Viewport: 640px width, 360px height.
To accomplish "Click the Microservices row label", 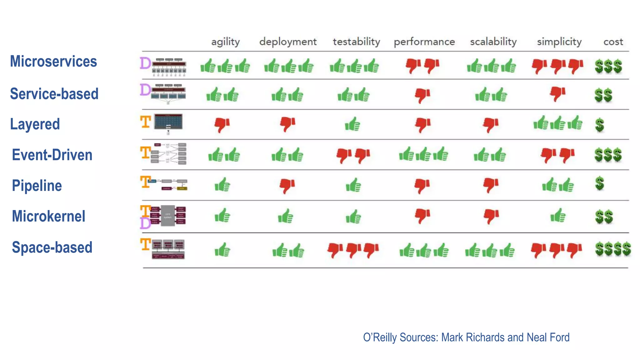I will point(53,61).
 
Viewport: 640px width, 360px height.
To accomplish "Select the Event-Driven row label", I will point(52,155).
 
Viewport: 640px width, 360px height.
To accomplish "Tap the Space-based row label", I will point(52,247).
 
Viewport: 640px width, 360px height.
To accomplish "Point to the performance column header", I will point(424,42).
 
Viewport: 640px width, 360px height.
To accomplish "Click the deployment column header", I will point(288,42).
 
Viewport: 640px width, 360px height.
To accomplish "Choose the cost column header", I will point(613,42).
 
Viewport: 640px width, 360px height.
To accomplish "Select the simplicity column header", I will point(559,42).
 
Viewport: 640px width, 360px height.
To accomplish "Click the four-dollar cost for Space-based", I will point(613,249).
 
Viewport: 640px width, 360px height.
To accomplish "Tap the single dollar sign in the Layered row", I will point(599,125).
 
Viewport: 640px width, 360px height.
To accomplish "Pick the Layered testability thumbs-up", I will point(352,124).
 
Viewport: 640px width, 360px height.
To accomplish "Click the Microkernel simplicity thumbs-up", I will point(558,216).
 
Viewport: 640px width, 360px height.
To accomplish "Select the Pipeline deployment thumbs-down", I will point(287,186).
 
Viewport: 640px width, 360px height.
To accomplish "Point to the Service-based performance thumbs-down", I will point(422,95).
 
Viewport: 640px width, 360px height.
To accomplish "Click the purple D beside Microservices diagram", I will point(145,63).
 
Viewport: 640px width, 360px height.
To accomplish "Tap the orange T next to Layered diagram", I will point(146,122).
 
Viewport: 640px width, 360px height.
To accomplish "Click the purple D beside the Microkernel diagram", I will point(145,223).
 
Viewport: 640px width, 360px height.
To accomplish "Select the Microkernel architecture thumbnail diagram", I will point(168,216).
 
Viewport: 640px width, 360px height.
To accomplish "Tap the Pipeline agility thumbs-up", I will point(222,185).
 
